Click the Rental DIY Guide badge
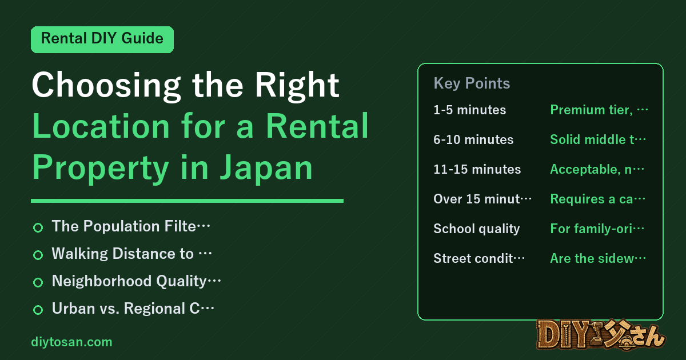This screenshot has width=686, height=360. [x=102, y=39]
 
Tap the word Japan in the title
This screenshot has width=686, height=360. [x=266, y=169]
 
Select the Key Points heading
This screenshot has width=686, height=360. [x=472, y=83]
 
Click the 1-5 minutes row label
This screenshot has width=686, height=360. [x=470, y=110]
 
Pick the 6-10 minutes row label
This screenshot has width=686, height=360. [x=473, y=139]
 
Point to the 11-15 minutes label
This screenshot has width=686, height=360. [x=477, y=169]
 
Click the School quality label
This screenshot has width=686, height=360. [x=477, y=229]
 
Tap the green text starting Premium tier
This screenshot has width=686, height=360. [x=599, y=110]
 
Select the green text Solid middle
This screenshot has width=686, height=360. [x=598, y=139]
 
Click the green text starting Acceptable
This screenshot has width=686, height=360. [x=597, y=169]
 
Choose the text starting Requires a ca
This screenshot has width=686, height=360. [x=597, y=199]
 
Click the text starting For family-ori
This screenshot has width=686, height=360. [x=597, y=229]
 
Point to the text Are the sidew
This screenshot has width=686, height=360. [x=598, y=258]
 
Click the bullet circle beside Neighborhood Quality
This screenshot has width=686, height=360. [x=38, y=282]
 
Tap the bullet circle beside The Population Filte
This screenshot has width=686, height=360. [x=38, y=227]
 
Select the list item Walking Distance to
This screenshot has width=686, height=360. [x=131, y=254]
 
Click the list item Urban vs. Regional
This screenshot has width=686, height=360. [x=133, y=309]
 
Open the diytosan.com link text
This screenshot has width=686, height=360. [x=71, y=342]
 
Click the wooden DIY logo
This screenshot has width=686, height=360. [x=601, y=334]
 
